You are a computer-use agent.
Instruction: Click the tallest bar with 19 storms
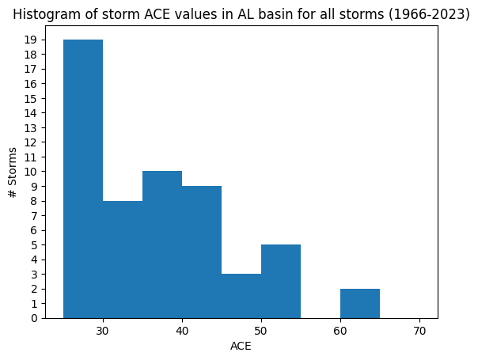(x=83, y=179)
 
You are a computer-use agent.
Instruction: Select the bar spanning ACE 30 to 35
(x=123, y=260)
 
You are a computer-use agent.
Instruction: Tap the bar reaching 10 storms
(x=162, y=244)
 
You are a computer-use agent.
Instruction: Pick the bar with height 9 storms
(x=202, y=252)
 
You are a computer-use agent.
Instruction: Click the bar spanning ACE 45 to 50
(x=241, y=296)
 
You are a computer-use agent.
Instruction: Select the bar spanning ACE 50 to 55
(x=281, y=282)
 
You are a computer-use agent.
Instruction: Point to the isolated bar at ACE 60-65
(x=360, y=304)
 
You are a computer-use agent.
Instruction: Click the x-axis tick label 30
(x=103, y=331)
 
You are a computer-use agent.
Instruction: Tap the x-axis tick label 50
(x=261, y=331)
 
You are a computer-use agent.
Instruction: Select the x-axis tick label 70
(x=419, y=331)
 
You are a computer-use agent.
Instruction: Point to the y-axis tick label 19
(x=31, y=40)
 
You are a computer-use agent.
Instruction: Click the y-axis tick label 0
(x=34, y=319)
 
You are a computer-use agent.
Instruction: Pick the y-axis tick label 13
(x=31, y=127)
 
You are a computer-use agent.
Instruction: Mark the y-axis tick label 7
(x=34, y=216)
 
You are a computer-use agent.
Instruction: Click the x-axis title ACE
(x=241, y=347)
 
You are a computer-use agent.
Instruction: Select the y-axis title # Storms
(x=12, y=172)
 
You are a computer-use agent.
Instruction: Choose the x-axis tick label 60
(x=340, y=331)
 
